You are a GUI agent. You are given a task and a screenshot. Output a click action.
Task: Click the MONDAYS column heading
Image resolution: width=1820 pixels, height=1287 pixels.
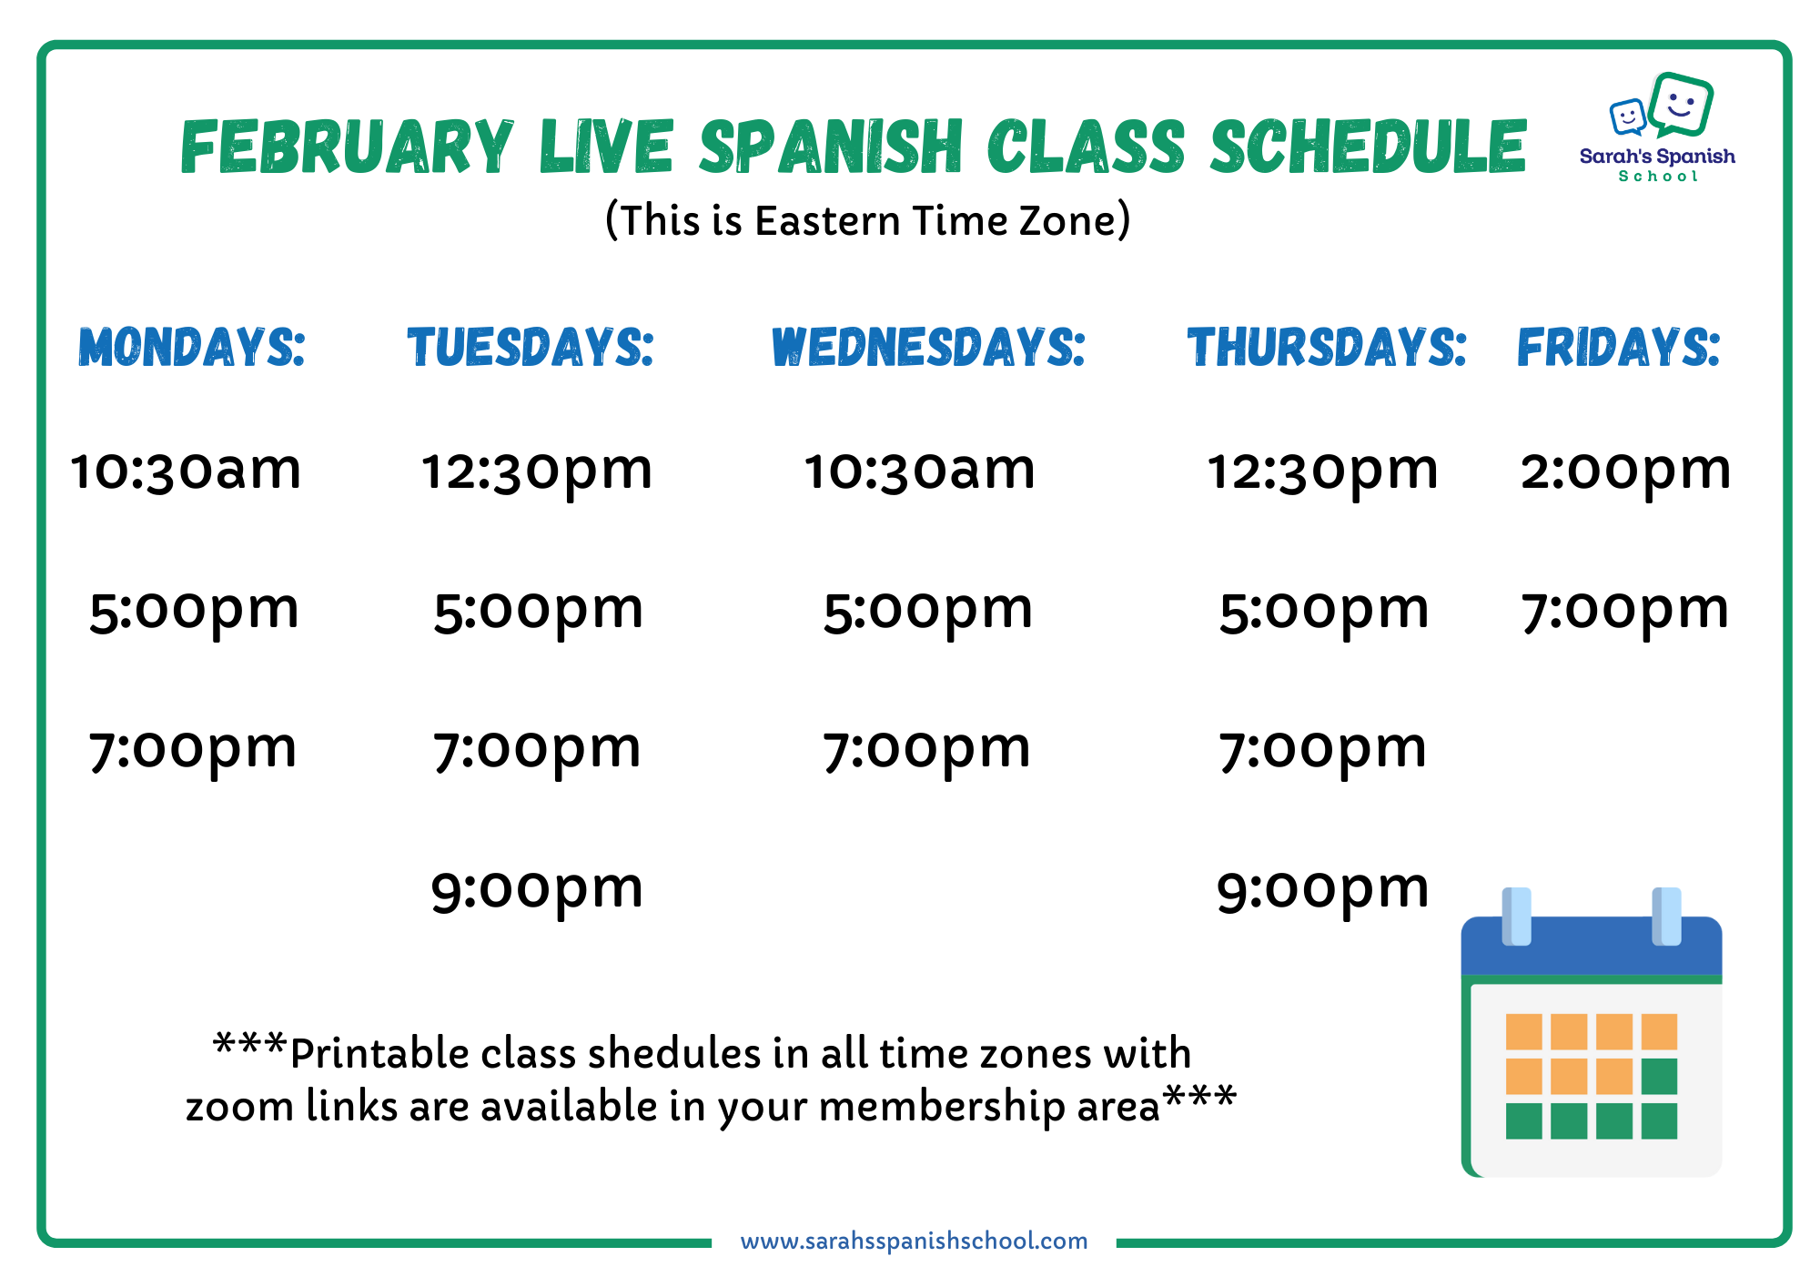191,347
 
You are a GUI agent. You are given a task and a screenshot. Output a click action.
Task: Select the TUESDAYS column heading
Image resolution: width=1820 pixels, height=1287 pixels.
531,347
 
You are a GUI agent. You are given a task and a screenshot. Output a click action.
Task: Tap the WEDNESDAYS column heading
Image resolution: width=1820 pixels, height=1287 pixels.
928,347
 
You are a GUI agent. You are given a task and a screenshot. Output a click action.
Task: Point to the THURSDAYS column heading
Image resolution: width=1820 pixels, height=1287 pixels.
1327,347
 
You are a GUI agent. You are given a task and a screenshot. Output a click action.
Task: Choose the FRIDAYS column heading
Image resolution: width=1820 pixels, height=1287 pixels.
1619,347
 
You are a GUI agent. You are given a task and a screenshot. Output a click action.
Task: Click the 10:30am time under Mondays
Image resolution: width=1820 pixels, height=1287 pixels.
187,471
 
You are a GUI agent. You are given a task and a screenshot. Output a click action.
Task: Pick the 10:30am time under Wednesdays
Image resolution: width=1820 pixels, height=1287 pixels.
920,471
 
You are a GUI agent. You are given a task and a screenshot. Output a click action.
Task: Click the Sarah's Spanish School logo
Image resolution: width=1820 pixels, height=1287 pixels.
1658,127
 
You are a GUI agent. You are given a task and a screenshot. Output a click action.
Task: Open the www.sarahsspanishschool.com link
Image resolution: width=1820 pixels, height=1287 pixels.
914,1241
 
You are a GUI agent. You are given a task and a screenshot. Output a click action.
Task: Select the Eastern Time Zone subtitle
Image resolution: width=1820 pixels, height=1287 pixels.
868,221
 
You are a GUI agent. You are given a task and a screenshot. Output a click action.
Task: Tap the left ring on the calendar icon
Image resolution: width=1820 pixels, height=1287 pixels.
1516,917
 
